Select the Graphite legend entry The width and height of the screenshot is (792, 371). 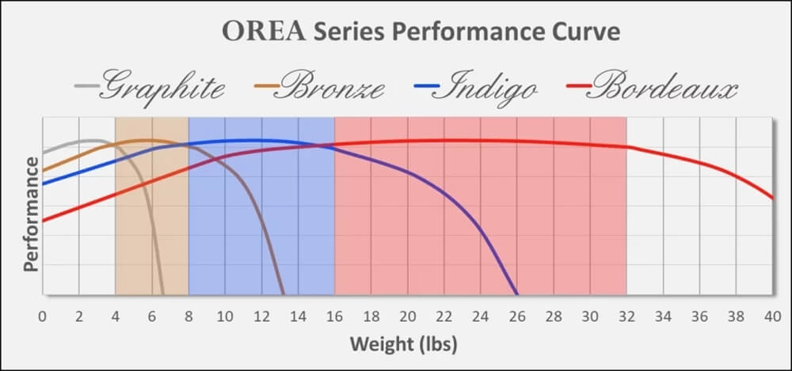[x=159, y=85]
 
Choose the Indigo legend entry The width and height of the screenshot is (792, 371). [x=491, y=85]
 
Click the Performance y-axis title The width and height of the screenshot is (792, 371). [x=30, y=214]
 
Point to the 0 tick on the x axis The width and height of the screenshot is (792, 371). [x=42, y=316]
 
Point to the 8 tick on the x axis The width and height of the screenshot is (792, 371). [x=188, y=316]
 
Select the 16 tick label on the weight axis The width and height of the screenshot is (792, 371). [x=334, y=316]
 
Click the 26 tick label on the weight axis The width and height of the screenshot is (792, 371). [x=517, y=316]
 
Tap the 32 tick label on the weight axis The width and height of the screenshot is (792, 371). [x=626, y=316]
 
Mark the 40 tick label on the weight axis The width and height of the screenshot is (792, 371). [x=772, y=316]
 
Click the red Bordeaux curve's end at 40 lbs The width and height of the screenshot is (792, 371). [x=772, y=199]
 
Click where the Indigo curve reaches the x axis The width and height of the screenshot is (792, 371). [x=517, y=294]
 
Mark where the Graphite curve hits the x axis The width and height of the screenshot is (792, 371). [x=163, y=294]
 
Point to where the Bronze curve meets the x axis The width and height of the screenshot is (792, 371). [x=284, y=294]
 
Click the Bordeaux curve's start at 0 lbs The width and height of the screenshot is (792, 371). [x=43, y=221]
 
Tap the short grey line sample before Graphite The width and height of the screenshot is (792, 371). [x=87, y=85]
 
